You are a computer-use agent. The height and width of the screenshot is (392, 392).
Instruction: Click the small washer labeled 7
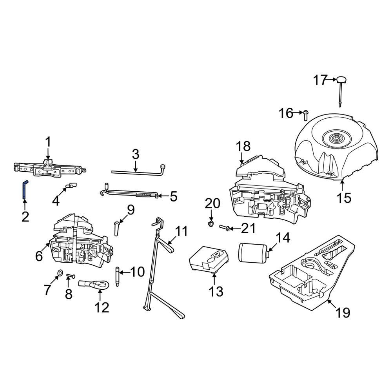(60, 272)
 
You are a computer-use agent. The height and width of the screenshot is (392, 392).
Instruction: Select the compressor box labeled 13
(209, 259)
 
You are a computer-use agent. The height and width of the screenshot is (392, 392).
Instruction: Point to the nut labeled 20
(211, 224)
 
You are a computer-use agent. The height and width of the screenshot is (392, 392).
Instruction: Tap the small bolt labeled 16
(306, 114)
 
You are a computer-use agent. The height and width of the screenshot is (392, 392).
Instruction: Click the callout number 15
(345, 198)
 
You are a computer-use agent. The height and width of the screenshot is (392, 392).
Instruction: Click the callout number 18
(243, 147)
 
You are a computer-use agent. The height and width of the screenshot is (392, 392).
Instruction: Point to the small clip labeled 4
(71, 185)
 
